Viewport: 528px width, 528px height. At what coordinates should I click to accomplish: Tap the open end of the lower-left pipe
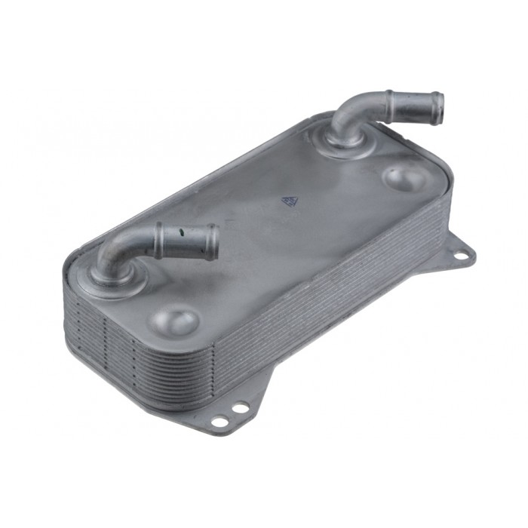point(213,240)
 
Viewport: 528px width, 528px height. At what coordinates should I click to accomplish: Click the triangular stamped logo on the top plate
point(288,201)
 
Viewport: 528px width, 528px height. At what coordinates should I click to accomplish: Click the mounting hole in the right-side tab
point(459,255)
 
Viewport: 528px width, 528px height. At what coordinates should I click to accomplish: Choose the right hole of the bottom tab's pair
point(240,407)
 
